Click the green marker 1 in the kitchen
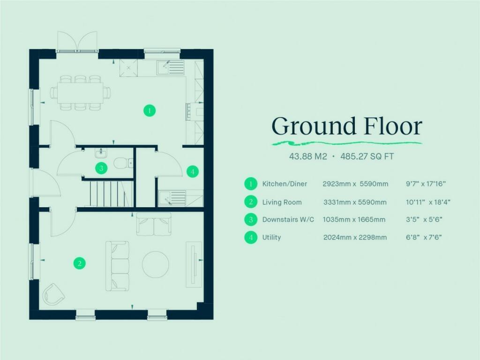pos(149,111)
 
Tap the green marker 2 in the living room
pos(80,263)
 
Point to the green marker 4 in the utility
pos(192,172)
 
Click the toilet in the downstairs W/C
pos(123,163)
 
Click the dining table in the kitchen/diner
pos(80,92)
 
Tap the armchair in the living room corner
pos(54,294)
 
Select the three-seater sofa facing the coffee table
pos(117,266)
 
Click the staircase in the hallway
pos(108,194)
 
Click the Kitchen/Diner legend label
pos(285,184)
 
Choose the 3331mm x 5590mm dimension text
pos(355,202)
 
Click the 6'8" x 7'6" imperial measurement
pos(424,238)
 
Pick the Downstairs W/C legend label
pos(288,220)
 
